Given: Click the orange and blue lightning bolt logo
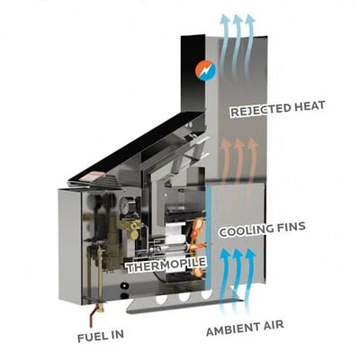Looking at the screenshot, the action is point(205,71).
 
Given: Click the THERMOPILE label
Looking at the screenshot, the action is point(166,265).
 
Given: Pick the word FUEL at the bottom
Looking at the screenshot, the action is point(89,337).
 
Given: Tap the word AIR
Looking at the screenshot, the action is point(274,325).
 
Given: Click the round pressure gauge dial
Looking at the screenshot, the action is point(124,204).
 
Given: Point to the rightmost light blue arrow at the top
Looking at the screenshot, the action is point(249,43).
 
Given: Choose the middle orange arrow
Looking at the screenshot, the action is point(238,168).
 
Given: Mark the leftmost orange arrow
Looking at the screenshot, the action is point(225,168).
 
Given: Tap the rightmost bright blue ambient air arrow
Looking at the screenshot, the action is point(249,279).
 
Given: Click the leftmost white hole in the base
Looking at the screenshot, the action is point(161,300).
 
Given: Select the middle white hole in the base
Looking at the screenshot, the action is point(184,297).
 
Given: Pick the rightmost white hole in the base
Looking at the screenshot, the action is point(206,294).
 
